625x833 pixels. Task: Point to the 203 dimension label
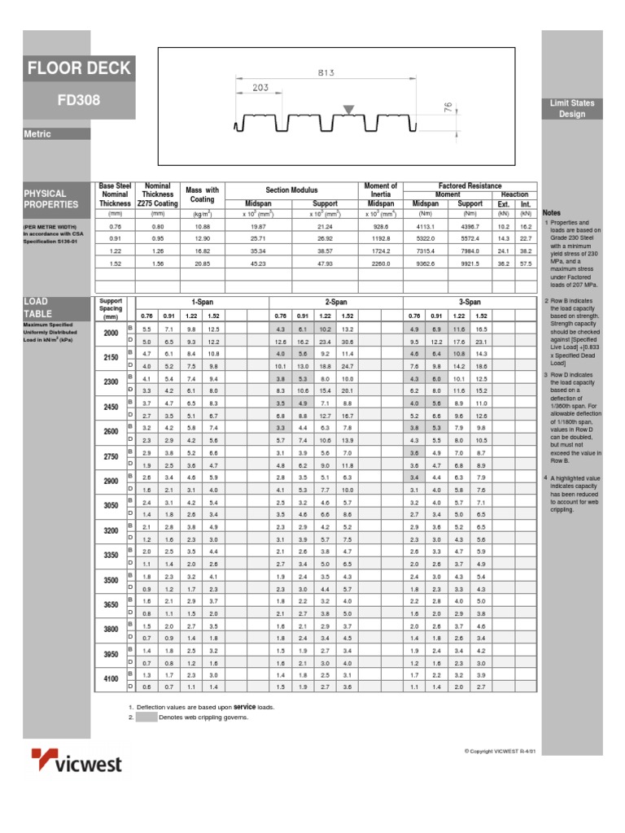(260, 87)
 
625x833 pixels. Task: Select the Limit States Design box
(571, 109)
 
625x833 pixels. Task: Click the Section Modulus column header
(291, 190)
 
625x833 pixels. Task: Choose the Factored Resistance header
(470, 186)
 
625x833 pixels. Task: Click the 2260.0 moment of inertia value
(381, 263)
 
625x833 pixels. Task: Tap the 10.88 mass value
(203, 226)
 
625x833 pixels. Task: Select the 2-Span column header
(336, 301)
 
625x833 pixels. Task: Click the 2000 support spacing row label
(110, 334)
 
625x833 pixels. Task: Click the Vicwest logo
(76, 761)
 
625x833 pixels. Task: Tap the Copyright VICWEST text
(500, 750)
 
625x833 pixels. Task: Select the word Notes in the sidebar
(552, 212)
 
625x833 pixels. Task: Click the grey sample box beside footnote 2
(146, 717)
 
